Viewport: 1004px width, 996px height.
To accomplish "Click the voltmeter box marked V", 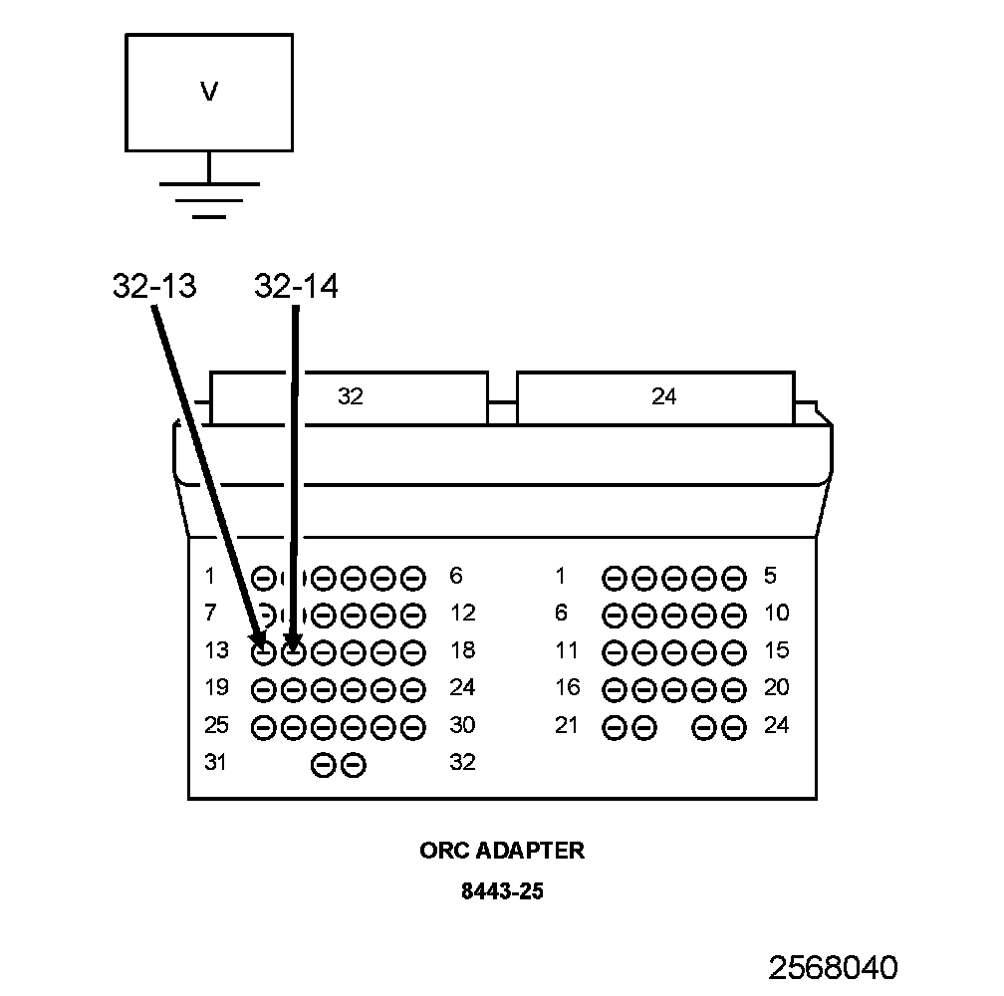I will click(x=209, y=92).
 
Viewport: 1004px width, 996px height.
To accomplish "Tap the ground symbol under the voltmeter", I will click(x=209, y=199).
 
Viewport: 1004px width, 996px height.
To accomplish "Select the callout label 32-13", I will click(x=154, y=287).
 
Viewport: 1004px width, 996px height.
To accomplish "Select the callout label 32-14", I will click(x=296, y=287).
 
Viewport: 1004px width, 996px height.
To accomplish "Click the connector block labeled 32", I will click(x=350, y=397).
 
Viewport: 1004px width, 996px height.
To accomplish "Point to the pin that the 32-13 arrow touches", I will click(x=263, y=652).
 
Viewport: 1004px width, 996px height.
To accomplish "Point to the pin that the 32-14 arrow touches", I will click(x=293, y=652).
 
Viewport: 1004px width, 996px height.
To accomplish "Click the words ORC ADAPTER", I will click(x=502, y=851).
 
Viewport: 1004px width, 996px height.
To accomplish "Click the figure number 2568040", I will click(x=832, y=967).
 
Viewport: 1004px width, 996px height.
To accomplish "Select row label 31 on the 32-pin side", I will click(x=216, y=763).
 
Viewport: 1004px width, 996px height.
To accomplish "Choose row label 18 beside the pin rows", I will click(x=462, y=651).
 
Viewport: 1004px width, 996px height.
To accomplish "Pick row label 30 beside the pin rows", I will click(x=462, y=726).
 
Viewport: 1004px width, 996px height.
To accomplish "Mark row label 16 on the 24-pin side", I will click(x=567, y=688).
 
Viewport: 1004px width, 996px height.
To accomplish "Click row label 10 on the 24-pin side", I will click(x=776, y=614).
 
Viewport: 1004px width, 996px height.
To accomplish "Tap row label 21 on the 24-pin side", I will click(x=567, y=726).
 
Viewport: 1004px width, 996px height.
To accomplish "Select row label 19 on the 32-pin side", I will click(x=216, y=688).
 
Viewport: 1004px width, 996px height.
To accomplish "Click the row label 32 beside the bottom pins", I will click(x=462, y=763).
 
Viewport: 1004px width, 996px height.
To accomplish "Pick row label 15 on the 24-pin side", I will click(x=776, y=651).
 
